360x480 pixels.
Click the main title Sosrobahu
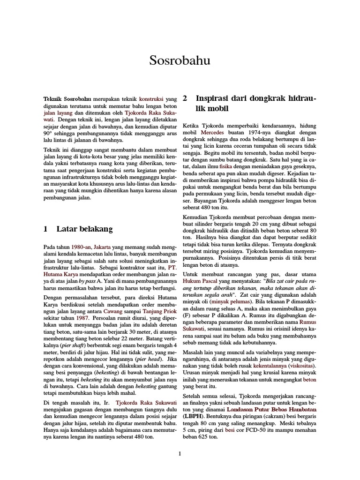click(180, 60)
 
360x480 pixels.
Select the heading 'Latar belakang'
click(84, 229)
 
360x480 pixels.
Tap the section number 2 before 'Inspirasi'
click(185, 99)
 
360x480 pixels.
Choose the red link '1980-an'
click(82, 246)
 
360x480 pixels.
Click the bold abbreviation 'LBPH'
click(193, 416)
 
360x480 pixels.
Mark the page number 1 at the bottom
click(180, 454)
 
